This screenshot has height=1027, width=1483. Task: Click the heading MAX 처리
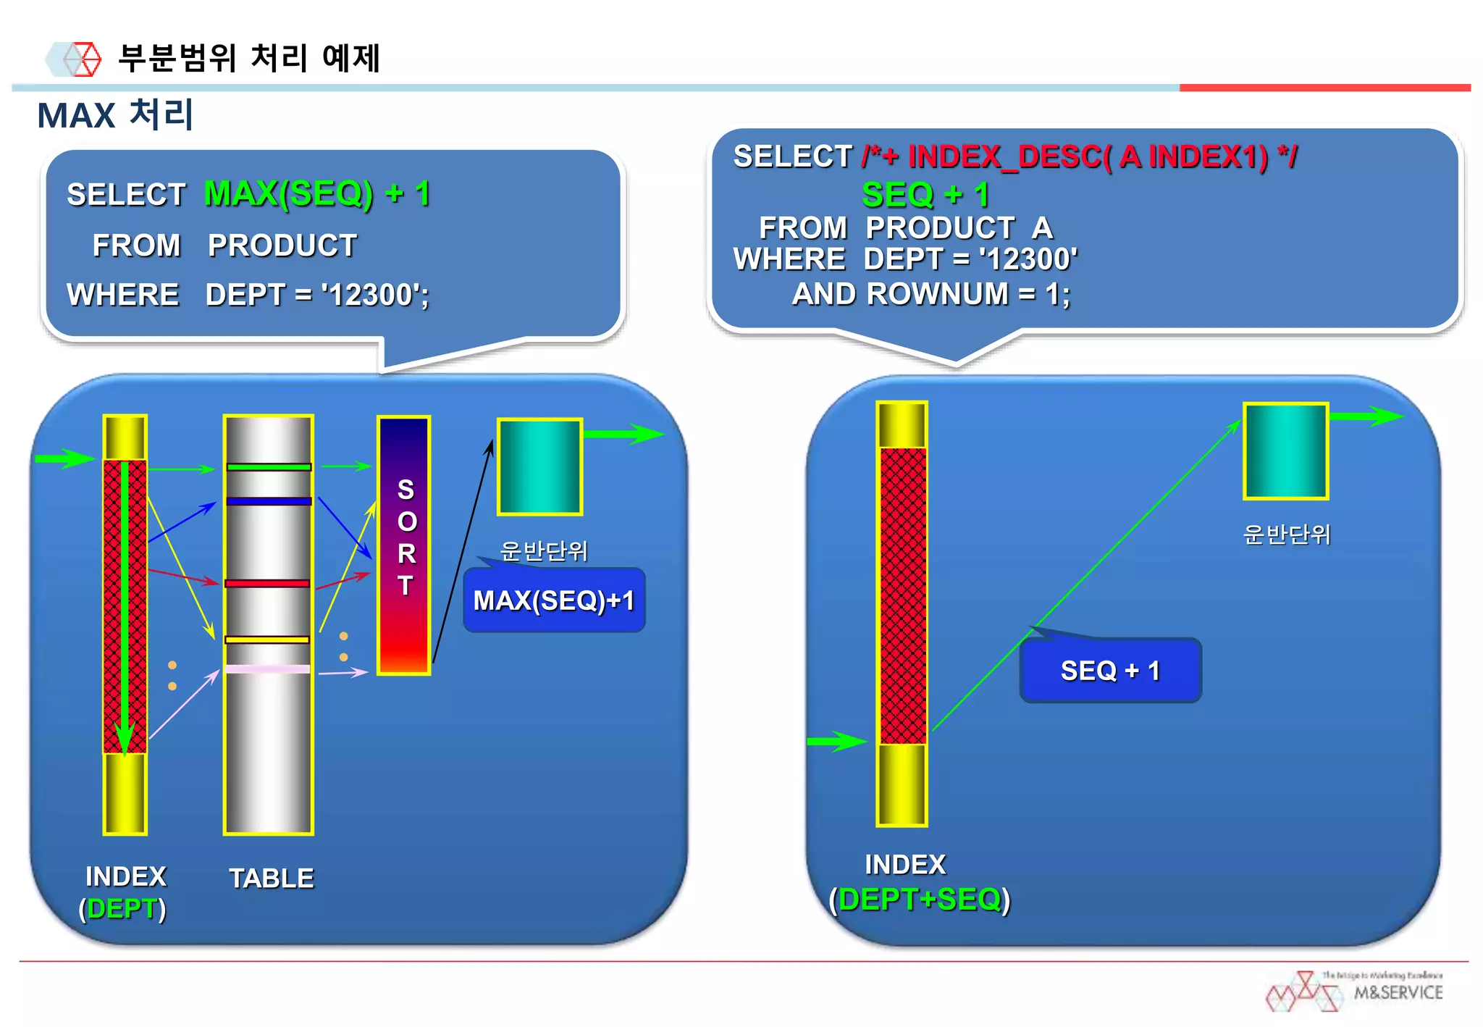coord(115,114)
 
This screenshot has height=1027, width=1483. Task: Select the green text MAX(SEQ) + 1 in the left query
coord(316,193)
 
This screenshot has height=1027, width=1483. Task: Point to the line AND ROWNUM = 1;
coord(930,294)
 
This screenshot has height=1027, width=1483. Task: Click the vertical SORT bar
coord(404,545)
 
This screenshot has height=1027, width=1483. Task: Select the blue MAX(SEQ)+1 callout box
coord(554,600)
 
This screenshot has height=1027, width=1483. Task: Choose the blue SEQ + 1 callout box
coord(1110,671)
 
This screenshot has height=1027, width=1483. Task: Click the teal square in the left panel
coord(539,466)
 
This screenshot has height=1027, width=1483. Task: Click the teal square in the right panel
coord(1285,450)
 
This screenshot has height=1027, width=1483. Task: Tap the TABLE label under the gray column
coord(272,879)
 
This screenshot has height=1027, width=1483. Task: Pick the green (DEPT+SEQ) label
coord(920,900)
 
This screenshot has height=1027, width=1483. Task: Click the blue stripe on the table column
coord(269,500)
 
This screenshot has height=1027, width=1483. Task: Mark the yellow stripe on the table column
coord(267,640)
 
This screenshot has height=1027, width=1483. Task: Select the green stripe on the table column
coord(269,467)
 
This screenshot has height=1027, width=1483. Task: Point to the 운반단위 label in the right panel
coord(1286,535)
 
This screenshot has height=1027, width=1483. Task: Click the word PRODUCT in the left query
coord(282,246)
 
